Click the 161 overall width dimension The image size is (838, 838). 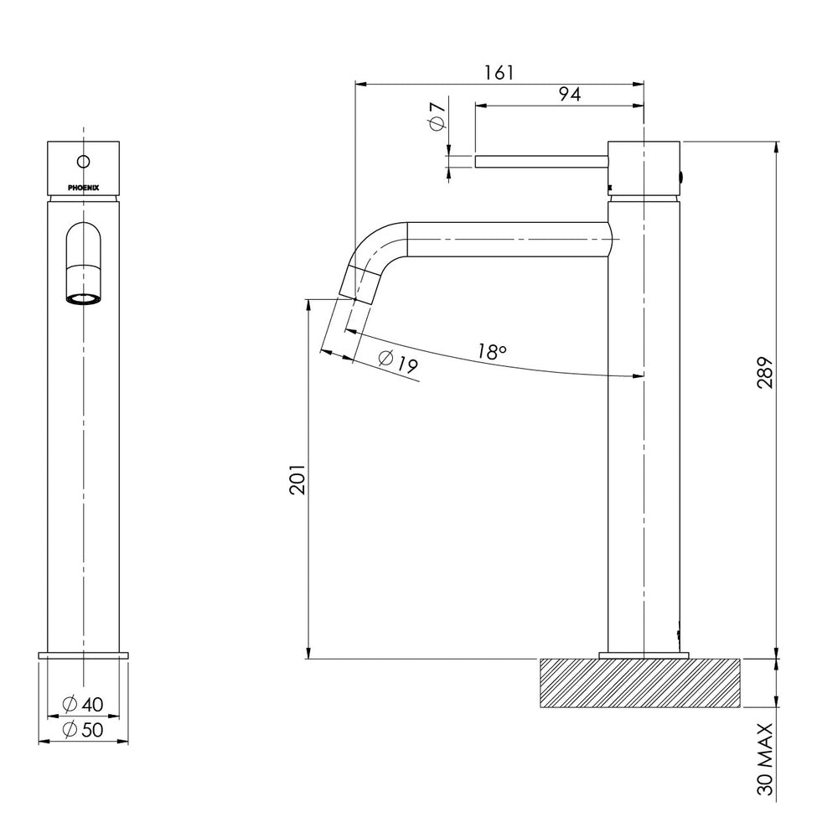(499, 72)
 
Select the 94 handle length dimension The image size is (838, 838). (569, 95)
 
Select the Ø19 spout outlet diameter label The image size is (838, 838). (398, 362)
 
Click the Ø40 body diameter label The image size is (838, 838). (84, 704)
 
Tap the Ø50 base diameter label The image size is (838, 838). (84, 729)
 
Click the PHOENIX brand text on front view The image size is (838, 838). (84, 188)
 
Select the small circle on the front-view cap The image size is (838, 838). (84, 160)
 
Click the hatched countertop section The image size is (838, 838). (641, 683)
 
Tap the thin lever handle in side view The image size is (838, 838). (541, 161)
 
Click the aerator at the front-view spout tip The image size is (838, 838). (84, 298)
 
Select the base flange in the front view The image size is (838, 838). (84, 654)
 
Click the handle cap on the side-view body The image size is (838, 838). (644, 167)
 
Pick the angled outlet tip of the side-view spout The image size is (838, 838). (356, 283)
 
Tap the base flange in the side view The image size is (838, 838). (644, 654)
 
